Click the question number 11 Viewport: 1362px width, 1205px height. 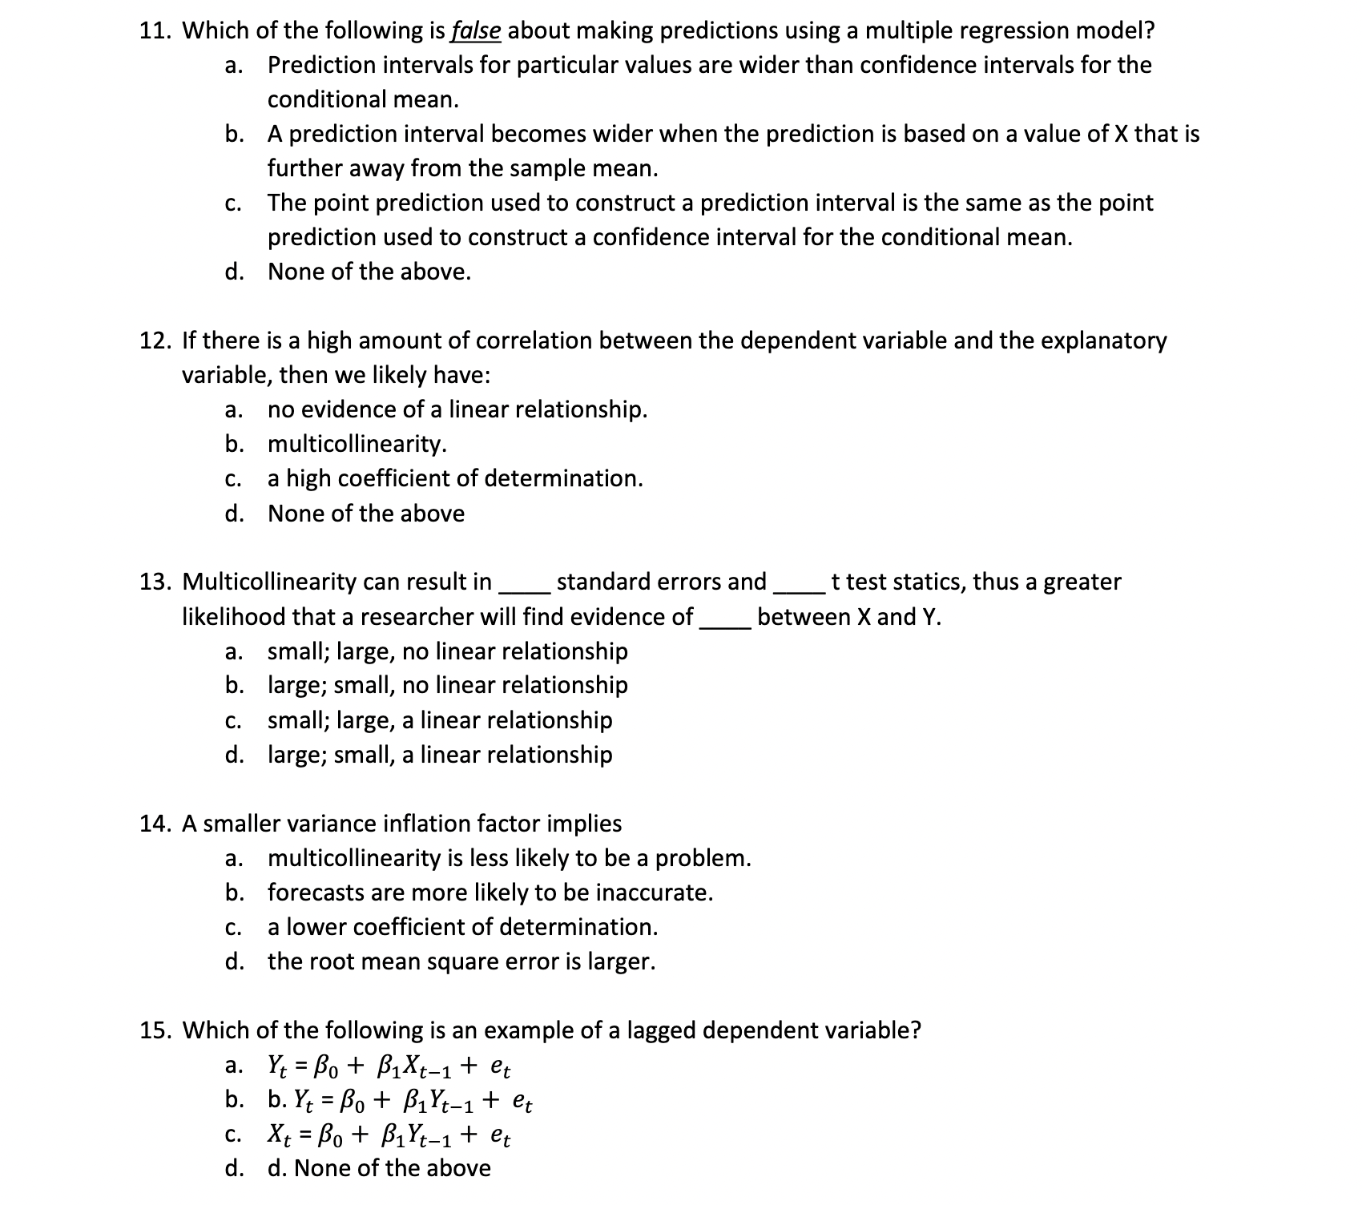[x=155, y=31]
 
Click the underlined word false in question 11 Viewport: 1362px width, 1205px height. [x=477, y=31]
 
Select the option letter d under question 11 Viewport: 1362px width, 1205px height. [x=234, y=272]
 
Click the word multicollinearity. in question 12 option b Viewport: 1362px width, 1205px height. [x=357, y=444]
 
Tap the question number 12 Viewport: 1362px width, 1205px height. [x=155, y=341]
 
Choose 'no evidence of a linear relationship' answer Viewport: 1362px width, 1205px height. [x=457, y=410]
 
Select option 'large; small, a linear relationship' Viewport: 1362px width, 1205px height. [x=439, y=755]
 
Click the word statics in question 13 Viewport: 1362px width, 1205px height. [x=929, y=582]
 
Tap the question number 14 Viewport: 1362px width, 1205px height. [x=155, y=824]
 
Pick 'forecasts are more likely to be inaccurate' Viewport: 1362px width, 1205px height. [x=490, y=893]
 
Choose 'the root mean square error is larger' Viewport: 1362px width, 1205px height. [x=461, y=961]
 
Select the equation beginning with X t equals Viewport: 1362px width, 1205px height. [x=389, y=1136]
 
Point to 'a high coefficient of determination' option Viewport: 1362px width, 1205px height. [x=454, y=479]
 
